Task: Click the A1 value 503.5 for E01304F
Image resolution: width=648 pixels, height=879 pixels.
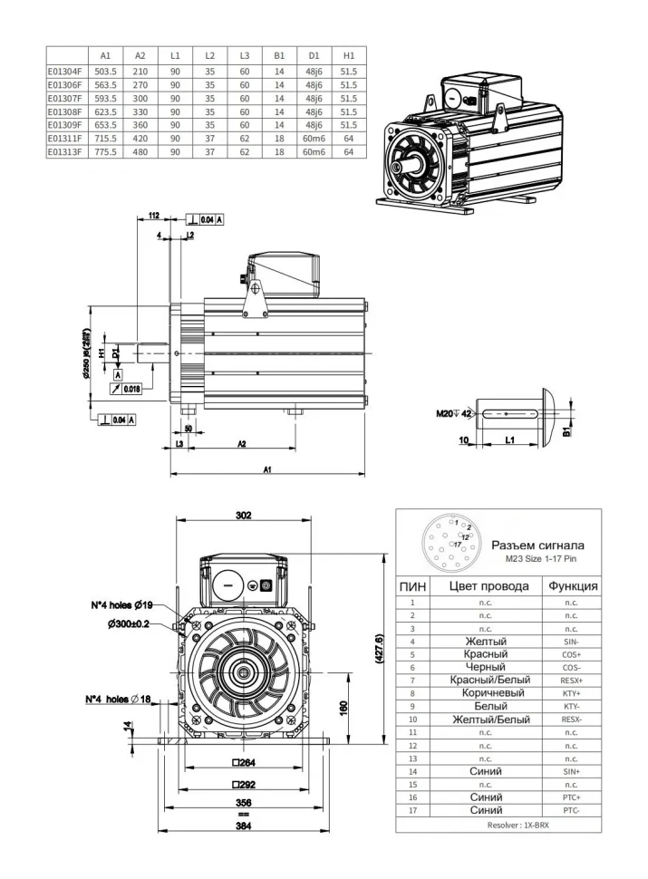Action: pos(105,70)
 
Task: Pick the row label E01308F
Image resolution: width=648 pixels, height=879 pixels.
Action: pos(65,111)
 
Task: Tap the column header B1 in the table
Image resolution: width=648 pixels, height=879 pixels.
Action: pos(279,56)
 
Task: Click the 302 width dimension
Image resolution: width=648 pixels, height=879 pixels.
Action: pos(244,516)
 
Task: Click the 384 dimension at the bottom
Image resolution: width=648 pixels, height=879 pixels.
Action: pos(243,826)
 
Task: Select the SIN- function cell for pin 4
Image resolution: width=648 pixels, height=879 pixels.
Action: pos(570,640)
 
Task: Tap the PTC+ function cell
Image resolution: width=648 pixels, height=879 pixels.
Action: pos(570,797)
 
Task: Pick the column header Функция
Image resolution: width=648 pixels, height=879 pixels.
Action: pos(571,586)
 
